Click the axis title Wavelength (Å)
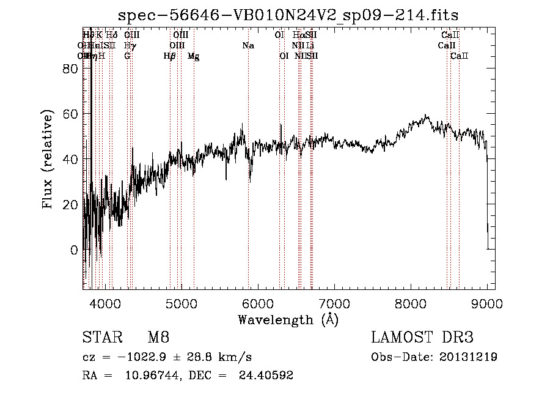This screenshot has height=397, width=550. pos(288,319)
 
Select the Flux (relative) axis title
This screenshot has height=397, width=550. pos(48,159)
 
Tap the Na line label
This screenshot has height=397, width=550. pos(248,46)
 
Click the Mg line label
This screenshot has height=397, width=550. pos(194,56)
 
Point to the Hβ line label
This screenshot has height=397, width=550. pos(170,56)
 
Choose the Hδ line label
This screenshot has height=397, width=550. pos(111,35)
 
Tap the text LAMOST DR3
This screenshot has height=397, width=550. pos(422,338)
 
